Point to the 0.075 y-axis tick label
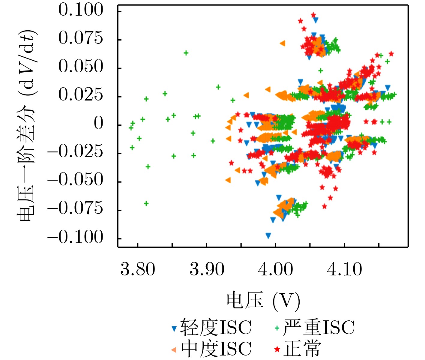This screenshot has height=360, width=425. click(x=81, y=38)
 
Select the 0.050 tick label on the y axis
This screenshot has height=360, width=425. click(x=81, y=67)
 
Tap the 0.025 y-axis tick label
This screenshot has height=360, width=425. click(x=81, y=95)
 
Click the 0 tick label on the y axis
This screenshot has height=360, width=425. click(x=99, y=123)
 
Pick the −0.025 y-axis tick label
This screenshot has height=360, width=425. click(x=75, y=152)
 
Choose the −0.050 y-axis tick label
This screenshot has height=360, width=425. click(x=75, y=180)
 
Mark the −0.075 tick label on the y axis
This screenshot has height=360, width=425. click(x=75, y=208)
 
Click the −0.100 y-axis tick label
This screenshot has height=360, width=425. click(x=75, y=237)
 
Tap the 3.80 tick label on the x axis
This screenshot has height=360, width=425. click(x=138, y=269)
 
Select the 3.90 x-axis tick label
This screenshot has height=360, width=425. click(x=207, y=269)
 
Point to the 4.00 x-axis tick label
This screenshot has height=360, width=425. click(x=275, y=269)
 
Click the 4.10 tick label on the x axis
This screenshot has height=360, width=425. click(x=344, y=269)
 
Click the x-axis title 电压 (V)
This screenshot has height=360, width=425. click(x=263, y=301)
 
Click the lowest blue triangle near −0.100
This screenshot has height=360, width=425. click(x=268, y=235)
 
